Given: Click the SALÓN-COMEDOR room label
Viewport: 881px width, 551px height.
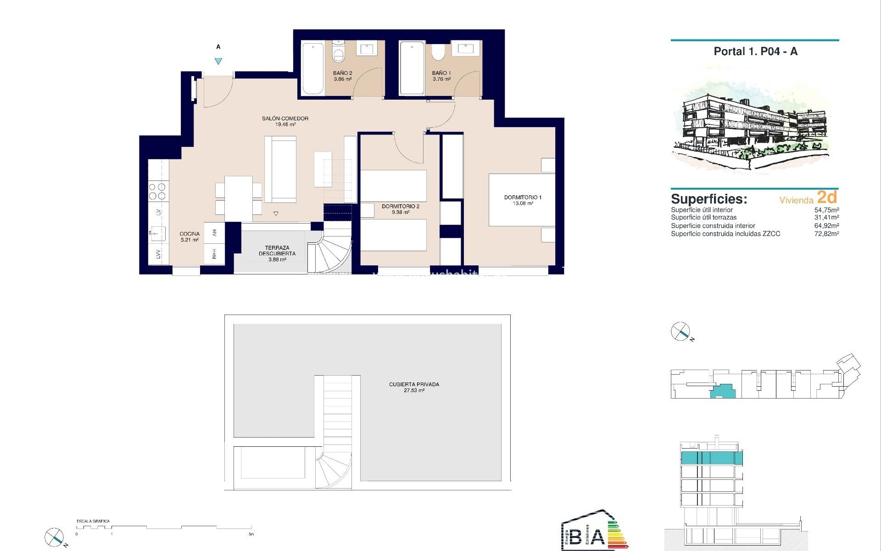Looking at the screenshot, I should coord(285,118).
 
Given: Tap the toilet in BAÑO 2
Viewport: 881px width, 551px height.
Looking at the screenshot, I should coord(339,54).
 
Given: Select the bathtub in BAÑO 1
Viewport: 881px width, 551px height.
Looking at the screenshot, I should coord(412,68).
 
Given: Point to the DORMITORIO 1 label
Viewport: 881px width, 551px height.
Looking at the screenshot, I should coord(523,197).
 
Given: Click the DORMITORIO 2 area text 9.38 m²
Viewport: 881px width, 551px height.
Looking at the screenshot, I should coord(400,213).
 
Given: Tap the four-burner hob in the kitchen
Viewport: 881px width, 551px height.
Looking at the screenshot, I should coord(158,191).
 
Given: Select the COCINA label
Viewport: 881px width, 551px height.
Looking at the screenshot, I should coord(190,234).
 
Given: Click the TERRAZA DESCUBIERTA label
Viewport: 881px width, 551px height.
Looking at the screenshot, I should coord(277,251).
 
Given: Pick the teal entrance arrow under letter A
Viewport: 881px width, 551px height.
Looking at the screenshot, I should coord(218,61).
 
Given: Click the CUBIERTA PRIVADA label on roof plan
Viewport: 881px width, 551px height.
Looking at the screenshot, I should coord(414,384).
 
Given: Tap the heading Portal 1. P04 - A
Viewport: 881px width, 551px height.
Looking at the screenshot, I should coord(755,51).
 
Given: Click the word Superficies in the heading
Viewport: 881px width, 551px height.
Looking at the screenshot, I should coord(708,199).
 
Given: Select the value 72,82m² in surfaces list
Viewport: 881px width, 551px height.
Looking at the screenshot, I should coord(826,234).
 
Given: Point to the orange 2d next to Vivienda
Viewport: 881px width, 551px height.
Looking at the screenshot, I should coord(827,197).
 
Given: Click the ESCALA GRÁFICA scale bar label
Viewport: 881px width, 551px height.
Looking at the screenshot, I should coord(93,521).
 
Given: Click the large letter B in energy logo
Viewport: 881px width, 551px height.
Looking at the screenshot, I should coord(575,536).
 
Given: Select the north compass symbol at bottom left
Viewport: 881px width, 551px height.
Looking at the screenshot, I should coord(54,537).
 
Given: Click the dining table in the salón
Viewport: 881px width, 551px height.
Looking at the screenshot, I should coord(238,198).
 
